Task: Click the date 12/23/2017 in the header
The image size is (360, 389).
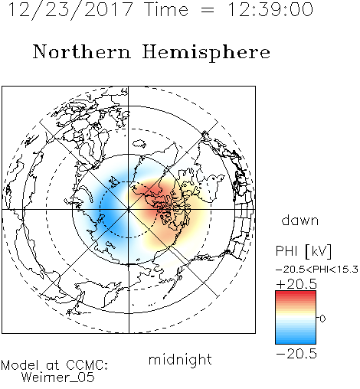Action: (70, 10)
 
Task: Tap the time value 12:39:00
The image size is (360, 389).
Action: (270, 10)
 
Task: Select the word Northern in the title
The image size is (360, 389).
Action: (82, 52)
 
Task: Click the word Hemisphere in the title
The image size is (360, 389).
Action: (206, 52)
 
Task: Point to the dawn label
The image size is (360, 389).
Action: (300, 221)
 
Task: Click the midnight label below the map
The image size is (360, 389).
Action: (180, 360)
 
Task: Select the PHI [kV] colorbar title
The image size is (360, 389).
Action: (303, 251)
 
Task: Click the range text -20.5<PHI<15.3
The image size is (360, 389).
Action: (317, 270)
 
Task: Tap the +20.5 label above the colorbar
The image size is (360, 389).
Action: (296, 284)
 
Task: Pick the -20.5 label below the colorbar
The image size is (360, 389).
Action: (296, 354)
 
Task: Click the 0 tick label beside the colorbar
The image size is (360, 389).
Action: (322, 319)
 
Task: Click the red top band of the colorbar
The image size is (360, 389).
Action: (296, 295)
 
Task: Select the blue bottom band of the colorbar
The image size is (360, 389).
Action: (296, 340)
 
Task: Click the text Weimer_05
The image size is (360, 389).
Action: (58, 378)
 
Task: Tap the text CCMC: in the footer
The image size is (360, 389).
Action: (87, 365)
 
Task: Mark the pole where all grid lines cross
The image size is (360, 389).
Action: (129, 210)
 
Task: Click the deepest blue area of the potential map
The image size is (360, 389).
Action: (110, 217)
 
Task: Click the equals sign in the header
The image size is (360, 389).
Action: (208, 10)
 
